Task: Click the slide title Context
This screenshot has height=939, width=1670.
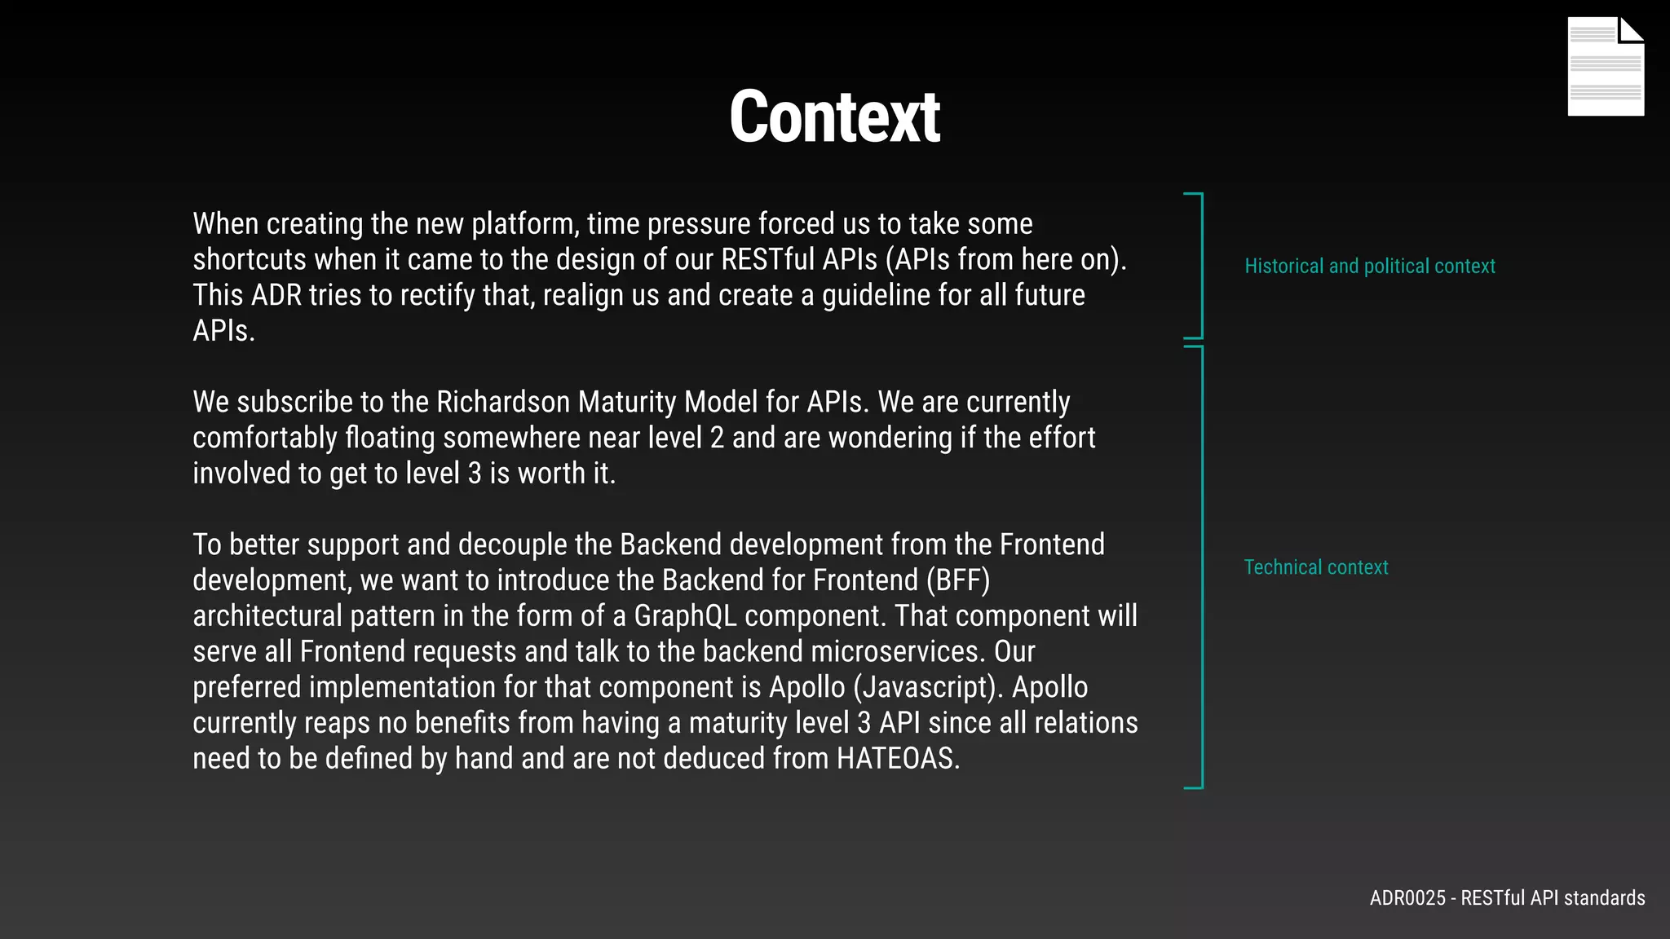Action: (x=834, y=117)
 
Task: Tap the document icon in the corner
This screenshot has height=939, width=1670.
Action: (x=1605, y=67)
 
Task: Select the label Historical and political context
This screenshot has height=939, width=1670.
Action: (x=1369, y=267)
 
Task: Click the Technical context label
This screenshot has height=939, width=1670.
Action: (x=1315, y=567)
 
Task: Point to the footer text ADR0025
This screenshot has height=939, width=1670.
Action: (x=1407, y=898)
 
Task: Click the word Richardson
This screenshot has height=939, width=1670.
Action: (x=503, y=403)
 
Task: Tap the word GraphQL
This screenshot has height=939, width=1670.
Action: (x=685, y=616)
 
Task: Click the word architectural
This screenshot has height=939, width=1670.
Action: (x=267, y=616)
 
